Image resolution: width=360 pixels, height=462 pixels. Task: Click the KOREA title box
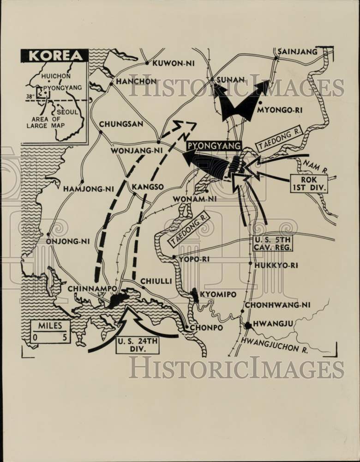54,55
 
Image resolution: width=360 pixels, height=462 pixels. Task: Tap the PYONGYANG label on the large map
214,146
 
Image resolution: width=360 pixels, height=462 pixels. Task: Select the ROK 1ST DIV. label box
309,183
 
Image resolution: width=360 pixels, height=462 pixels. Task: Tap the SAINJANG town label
297,51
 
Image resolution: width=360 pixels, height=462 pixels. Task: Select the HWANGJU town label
273,323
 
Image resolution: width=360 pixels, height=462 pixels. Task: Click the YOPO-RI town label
194,259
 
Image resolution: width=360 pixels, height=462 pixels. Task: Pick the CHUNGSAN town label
121,124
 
